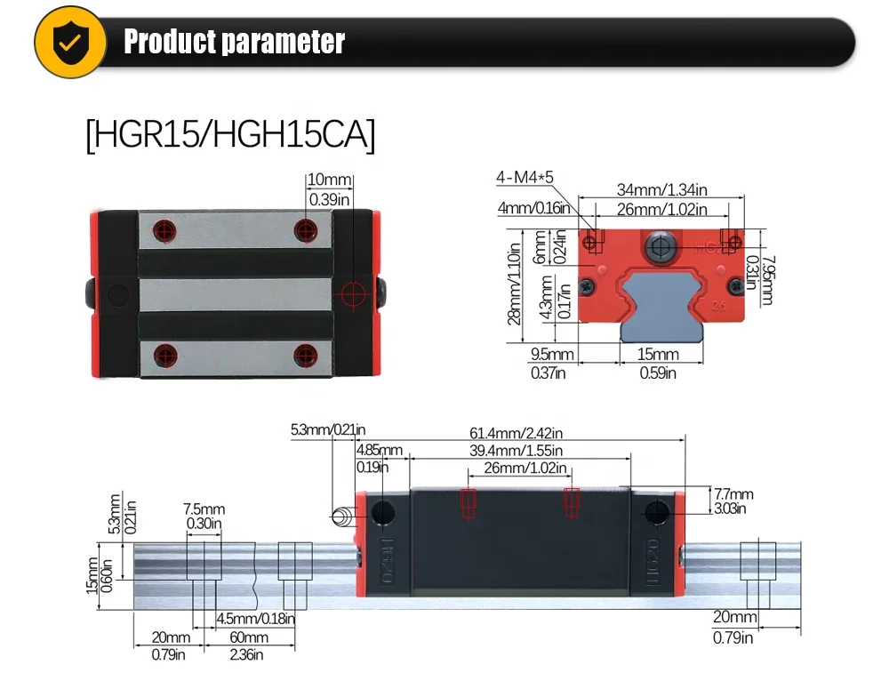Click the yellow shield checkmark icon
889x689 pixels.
click(68, 42)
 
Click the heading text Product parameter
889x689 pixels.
click(234, 42)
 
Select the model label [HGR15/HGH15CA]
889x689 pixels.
click(230, 136)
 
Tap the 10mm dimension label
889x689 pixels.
click(329, 180)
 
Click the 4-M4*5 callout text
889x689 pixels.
click(525, 179)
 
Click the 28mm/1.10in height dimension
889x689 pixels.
click(514, 285)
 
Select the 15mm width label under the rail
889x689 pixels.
click(659, 355)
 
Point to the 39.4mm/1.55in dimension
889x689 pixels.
click(519, 451)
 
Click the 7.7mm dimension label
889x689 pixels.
click(733, 494)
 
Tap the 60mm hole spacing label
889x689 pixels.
click(248, 637)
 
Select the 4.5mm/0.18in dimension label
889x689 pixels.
click(255, 619)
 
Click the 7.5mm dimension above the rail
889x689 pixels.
click(204, 509)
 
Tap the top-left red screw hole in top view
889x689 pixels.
click(162, 228)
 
